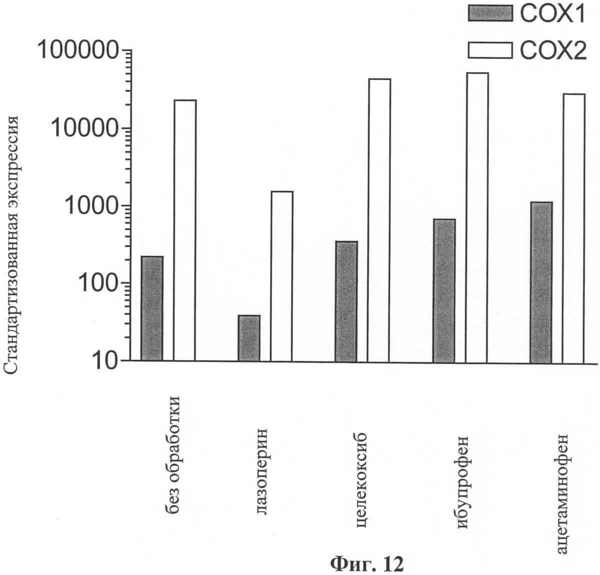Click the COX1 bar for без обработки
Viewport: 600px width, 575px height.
[x=151, y=308]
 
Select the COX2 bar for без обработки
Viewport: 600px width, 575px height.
[x=185, y=230]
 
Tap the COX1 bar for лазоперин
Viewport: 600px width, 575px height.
[x=249, y=338]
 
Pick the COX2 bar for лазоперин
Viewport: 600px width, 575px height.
[x=282, y=276]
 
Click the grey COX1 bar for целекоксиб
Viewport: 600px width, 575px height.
[x=346, y=301]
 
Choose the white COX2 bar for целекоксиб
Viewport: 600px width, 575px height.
[x=379, y=220]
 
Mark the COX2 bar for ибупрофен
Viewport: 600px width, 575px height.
[x=476, y=217]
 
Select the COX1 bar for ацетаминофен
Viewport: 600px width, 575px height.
[x=541, y=281]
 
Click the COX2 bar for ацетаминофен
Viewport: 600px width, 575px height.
[x=573, y=227]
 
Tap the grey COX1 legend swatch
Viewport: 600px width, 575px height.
[x=490, y=13]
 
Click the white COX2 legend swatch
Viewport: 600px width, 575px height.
[x=490, y=50]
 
